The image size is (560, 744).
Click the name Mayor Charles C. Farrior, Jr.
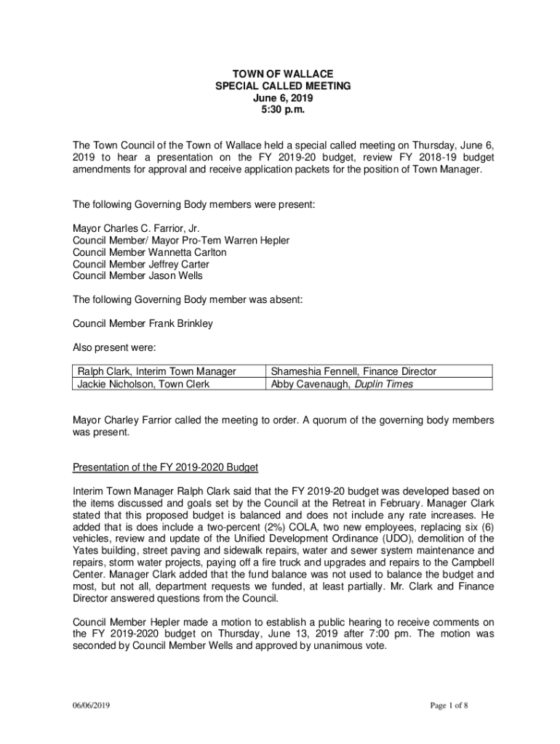(x=136, y=228)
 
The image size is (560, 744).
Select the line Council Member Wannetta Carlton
(x=150, y=252)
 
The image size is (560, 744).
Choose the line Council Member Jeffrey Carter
(x=143, y=264)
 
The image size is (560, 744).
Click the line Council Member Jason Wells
(x=138, y=275)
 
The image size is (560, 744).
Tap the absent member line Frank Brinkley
(x=143, y=323)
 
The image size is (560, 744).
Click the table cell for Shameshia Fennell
(x=353, y=371)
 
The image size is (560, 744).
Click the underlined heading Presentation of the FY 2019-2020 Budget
(x=166, y=466)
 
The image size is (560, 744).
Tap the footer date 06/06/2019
(x=91, y=705)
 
